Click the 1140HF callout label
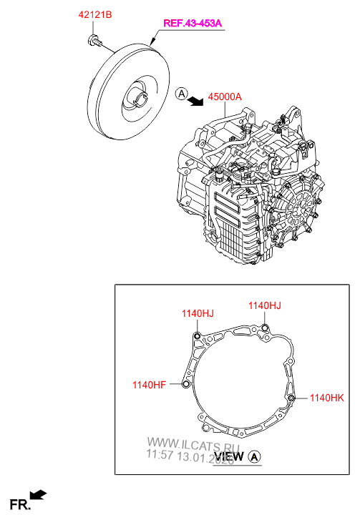click(x=149, y=386)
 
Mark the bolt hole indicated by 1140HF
click(x=185, y=386)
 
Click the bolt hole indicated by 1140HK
click(x=291, y=398)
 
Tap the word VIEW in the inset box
click(x=230, y=456)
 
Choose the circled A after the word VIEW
click(x=256, y=456)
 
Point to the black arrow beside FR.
click(x=39, y=494)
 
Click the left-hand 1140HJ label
click(x=197, y=313)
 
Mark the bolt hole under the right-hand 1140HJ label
click(x=264, y=328)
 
